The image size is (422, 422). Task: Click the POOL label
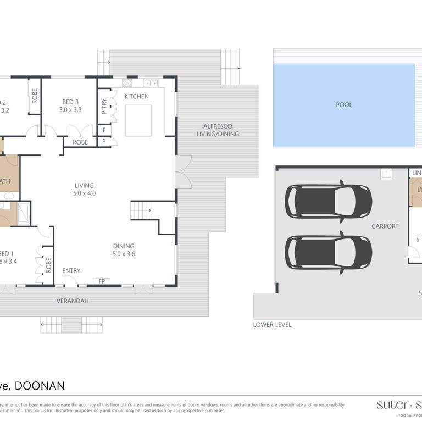click(x=344, y=105)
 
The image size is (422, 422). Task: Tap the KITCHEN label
click(x=136, y=97)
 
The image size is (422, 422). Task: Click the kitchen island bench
click(x=138, y=120)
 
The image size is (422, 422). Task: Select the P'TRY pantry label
click(x=104, y=107)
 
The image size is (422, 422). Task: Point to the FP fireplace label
click(x=102, y=281)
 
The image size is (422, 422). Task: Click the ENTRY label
click(x=71, y=270)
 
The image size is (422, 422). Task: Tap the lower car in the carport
click(x=328, y=252)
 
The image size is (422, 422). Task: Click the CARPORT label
click(x=385, y=226)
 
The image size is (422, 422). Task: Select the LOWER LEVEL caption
click(x=272, y=325)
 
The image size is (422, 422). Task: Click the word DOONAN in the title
click(x=40, y=386)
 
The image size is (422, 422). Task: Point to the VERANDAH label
click(x=73, y=301)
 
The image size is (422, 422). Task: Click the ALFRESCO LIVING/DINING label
click(x=221, y=130)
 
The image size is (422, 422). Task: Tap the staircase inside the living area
click(x=141, y=210)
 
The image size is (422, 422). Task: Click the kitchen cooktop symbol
click(x=127, y=83)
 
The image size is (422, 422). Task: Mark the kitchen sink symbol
click(x=151, y=83)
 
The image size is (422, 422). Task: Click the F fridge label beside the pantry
click(x=104, y=130)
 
